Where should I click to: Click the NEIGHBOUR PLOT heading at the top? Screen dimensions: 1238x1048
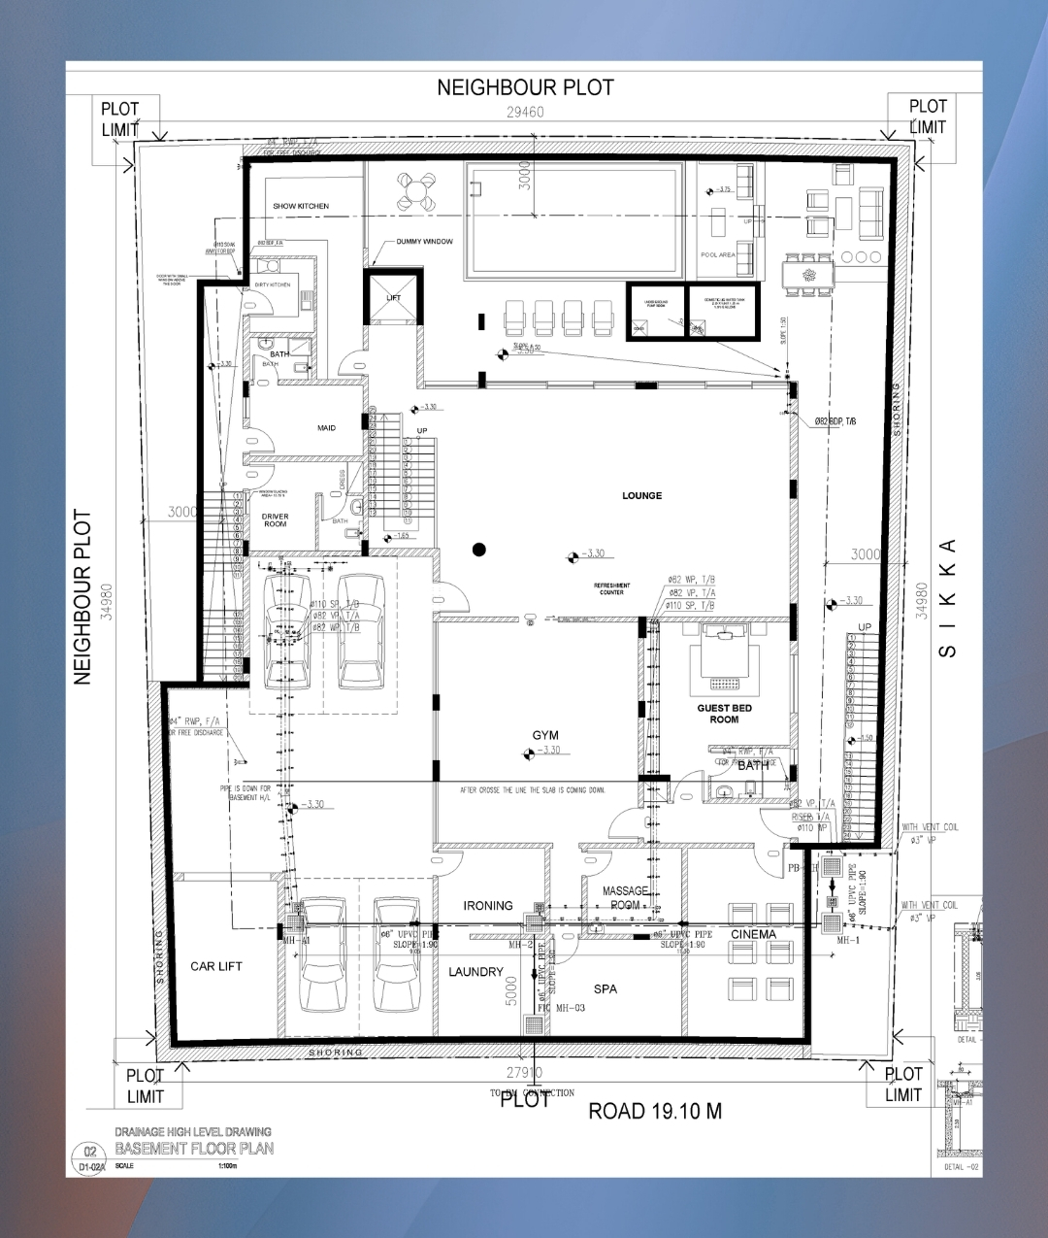pyautogui.click(x=525, y=87)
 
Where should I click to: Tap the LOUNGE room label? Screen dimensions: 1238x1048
pyautogui.click(x=641, y=495)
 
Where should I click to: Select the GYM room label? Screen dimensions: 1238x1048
pyautogui.click(x=545, y=735)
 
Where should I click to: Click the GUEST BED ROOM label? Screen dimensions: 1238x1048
pyautogui.click(x=724, y=714)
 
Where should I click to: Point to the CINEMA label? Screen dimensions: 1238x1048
pyautogui.click(x=753, y=934)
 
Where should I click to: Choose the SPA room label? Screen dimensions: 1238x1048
pyautogui.click(x=606, y=988)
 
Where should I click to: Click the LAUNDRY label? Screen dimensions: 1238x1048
pyautogui.click(x=475, y=972)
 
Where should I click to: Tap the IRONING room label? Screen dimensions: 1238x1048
pyautogui.click(x=487, y=905)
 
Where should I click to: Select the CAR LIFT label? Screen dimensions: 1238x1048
pyautogui.click(x=216, y=966)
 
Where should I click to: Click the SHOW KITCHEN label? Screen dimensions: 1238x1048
pyautogui.click(x=301, y=206)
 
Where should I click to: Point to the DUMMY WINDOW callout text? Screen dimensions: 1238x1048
pyautogui.click(x=424, y=242)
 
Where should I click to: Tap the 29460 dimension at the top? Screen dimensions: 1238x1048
pyautogui.click(x=525, y=112)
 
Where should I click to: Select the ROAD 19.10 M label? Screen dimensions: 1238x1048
pyautogui.click(x=655, y=1111)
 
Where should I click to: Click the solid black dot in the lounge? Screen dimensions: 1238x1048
pyautogui.click(x=478, y=550)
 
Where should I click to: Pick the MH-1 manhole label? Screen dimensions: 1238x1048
pyautogui.click(x=848, y=940)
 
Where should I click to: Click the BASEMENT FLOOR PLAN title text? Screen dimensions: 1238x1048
pyautogui.click(x=194, y=1149)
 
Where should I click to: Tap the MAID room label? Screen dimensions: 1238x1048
pyautogui.click(x=326, y=428)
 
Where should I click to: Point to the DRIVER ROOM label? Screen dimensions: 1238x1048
pyautogui.click(x=275, y=520)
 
